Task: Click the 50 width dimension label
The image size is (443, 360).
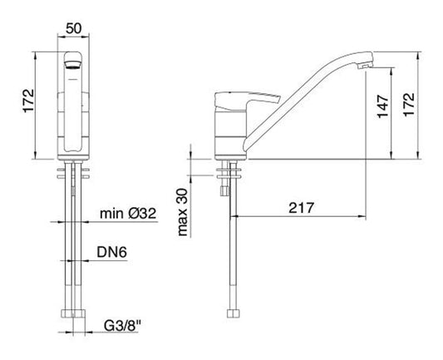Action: pos(73,28)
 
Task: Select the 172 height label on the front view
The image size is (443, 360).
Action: pos(28,101)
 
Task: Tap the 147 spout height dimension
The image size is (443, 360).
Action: pos(383,106)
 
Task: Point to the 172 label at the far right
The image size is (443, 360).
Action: pos(409,104)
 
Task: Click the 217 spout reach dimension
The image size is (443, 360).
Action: pos(301,208)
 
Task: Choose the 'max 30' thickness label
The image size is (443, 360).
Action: pos(183,212)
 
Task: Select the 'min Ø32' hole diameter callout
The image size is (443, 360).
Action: pos(128,214)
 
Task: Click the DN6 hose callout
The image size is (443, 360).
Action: pos(112,252)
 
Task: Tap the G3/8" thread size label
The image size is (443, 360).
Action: pos(122,327)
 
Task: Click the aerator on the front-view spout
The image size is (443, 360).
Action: pos(73,66)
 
